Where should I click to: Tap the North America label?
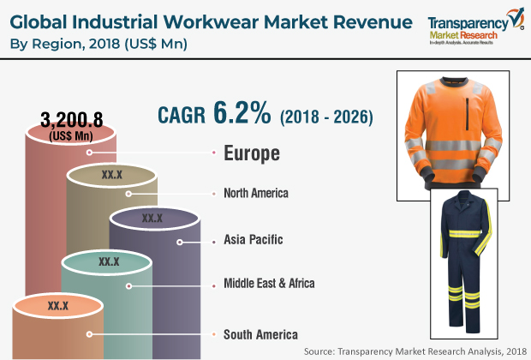pyautogui.click(x=255, y=193)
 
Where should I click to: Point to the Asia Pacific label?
pyautogui.click(x=253, y=239)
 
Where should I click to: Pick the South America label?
pyautogui.click(x=260, y=333)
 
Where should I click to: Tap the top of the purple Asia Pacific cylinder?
pyautogui.click(x=152, y=219)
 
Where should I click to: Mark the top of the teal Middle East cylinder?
pyautogui.click(x=109, y=261)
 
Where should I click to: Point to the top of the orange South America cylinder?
pyautogui.click(x=57, y=305)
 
